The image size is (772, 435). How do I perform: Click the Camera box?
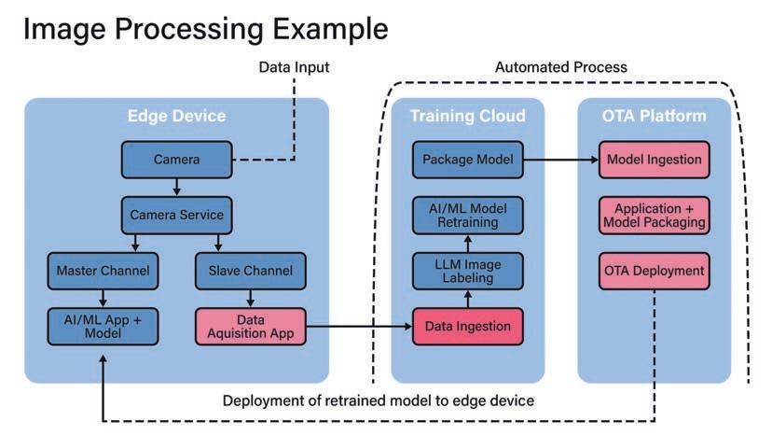point(176,159)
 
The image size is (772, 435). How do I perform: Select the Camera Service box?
point(176,215)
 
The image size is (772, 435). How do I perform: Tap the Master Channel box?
point(103,271)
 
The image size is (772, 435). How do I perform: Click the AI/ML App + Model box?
point(103,326)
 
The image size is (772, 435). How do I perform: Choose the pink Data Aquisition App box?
point(250,326)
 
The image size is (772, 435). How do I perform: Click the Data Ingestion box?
point(467,326)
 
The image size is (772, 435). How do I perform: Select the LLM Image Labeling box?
point(467,271)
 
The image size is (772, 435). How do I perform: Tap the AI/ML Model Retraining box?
point(467,215)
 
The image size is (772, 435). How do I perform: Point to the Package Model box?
point(467,159)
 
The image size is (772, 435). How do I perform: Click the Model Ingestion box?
point(654,159)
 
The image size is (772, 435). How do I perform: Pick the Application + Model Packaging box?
point(654,215)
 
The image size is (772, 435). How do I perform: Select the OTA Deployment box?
point(654,271)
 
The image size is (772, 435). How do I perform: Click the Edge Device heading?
point(176,116)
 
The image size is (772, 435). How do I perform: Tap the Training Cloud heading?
point(467,116)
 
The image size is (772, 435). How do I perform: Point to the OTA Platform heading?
point(654,116)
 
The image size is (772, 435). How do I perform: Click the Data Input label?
point(293,67)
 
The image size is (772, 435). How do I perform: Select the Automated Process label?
point(560,67)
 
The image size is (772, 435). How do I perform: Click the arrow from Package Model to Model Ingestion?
point(559,159)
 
